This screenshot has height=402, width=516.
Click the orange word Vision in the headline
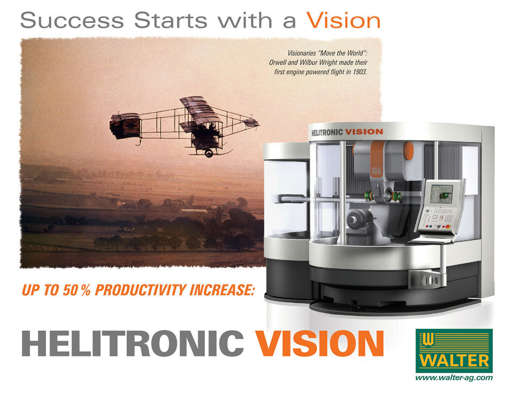[343, 20]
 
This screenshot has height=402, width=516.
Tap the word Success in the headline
[72, 20]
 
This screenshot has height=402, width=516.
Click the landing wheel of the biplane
[209, 153]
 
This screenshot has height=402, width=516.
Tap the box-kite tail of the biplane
[125, 126]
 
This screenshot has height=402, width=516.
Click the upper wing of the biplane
[200, 110]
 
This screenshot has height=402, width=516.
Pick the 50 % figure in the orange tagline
[77, 290]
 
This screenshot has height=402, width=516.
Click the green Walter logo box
[454, 351]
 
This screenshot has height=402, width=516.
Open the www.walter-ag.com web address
[454, 377]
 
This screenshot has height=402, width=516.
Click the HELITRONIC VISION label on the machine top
[347, 132]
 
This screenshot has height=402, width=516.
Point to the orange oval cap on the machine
[409, 150]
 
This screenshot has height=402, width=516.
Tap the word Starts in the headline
[170, 20]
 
